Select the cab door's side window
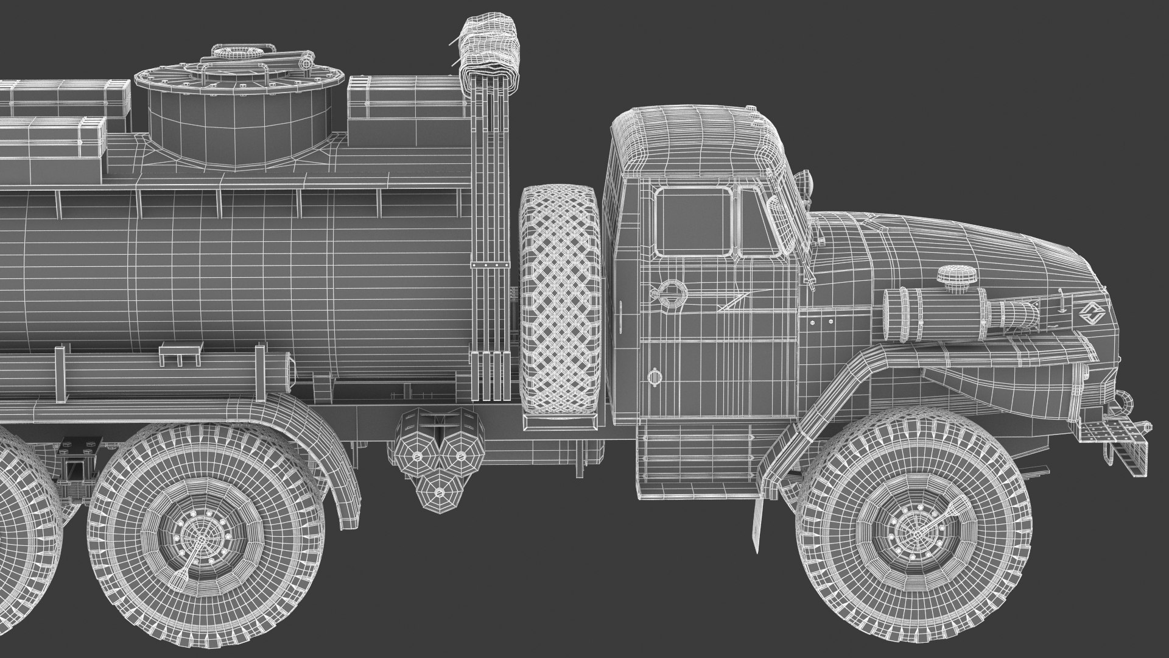click(693, 221)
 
